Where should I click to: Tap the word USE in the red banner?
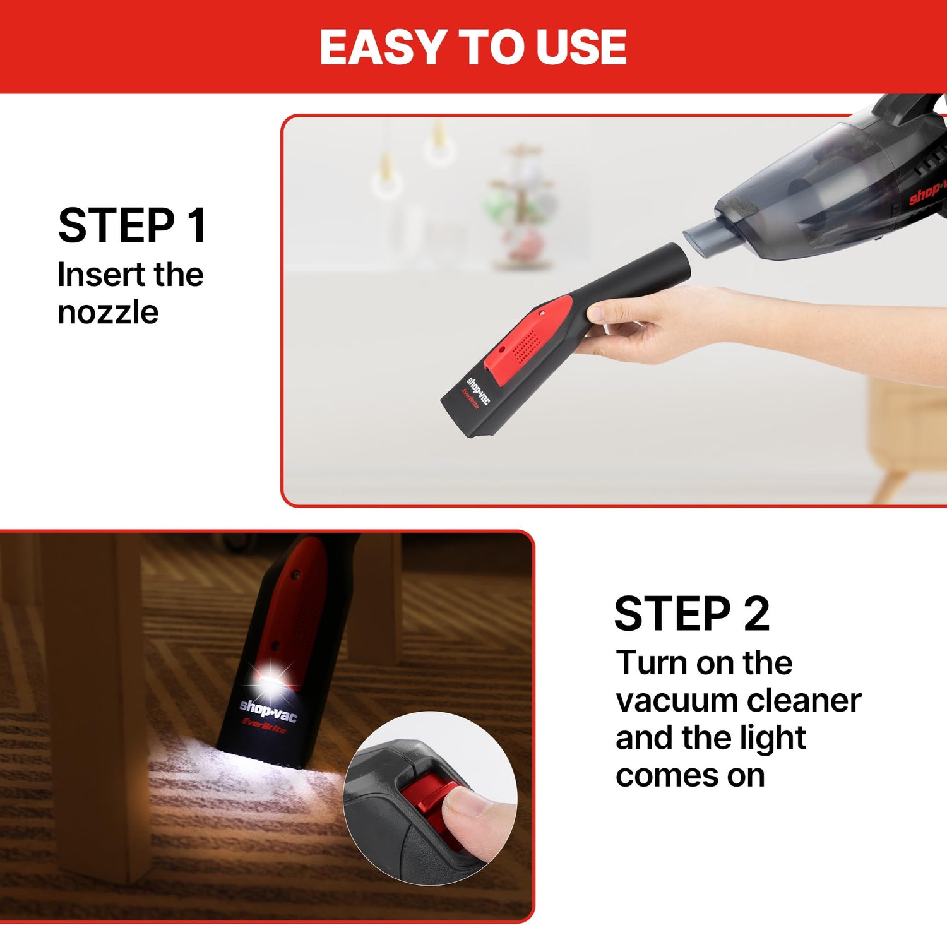pos(581,47)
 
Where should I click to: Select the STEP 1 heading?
pos(132,226)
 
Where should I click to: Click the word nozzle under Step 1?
pos(108,313)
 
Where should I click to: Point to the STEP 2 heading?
pos(692,614)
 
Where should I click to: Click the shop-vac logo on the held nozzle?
pos(478,390)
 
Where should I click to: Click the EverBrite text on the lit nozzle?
pos(264,726)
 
